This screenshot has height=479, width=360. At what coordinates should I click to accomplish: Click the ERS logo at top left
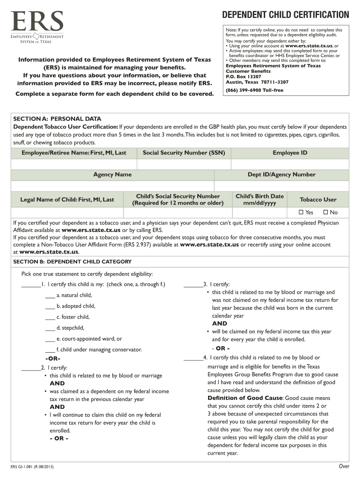pyautogui.click(x=37, y=27)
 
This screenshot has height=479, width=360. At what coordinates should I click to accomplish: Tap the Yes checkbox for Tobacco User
pyautogui.click(x=302, y=212)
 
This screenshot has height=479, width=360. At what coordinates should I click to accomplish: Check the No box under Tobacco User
pyautogui.click(x=326, y=212)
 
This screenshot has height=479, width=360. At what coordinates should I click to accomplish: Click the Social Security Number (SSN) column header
pyautogui.click(x=184, y=153)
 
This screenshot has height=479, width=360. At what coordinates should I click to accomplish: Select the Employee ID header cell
pyautogui.click(x=290, y=153)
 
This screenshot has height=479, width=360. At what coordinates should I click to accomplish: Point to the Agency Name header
pyautogui.click(x=112, y=174)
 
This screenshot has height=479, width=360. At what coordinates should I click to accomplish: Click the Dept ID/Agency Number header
pyautogui.click(x=281, y=174)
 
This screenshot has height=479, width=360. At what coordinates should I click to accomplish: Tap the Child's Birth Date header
pyautogui.click(x=259, y=200)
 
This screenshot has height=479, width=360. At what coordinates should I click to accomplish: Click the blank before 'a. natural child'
pyautogui.click(x=50, y=296)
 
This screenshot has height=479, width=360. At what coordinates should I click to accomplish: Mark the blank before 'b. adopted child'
pyautogui.click(x=50, y=307)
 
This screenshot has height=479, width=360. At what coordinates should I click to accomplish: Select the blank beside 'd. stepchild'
pyautogui.click(x=50, y=328)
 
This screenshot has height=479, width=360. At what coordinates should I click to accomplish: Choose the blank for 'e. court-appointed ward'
pyautogui.click(x=50, y=340)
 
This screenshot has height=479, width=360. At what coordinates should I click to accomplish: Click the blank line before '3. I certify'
pyautogui.click(x=193, y=285)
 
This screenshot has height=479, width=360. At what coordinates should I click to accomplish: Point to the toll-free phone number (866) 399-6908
pyautogui.click(x=254, y=90)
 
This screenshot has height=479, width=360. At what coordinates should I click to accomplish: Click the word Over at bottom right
pyautogui.click(x=344, y=466)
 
